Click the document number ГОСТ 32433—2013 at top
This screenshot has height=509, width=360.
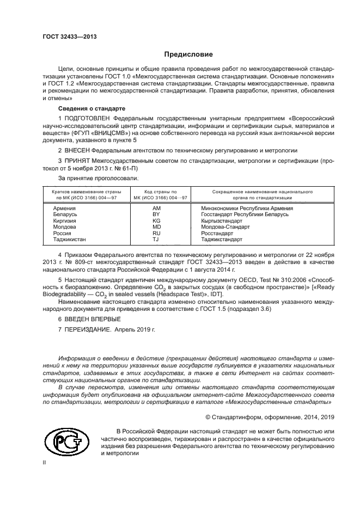click(70, 36)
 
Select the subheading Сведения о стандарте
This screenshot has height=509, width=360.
click(84, 108)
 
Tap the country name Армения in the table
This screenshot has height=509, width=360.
click(64, 208)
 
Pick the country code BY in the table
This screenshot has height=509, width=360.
click(157, 214)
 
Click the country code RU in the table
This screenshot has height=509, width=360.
click(157, 232)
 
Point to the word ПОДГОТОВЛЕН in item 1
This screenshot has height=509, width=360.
click(91, 118)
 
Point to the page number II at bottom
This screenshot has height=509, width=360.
click(45, 463)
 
